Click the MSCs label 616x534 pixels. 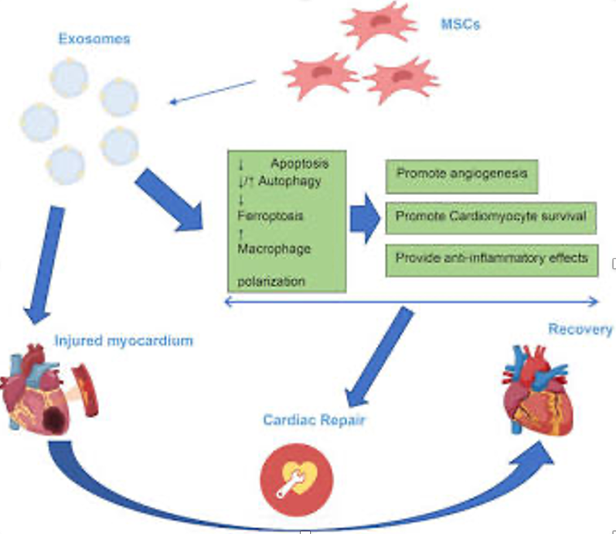click(x=461, y=25)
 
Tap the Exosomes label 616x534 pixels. click(x=94, y=39)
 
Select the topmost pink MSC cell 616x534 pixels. click(x=378, y=23)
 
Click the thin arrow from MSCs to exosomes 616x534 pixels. click(x=212, y=92)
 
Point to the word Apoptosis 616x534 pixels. click(x=300, y=163)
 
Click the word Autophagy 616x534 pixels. click(x=290, y=181)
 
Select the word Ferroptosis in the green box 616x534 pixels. click(x=271, y=216)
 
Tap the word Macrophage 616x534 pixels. click(x=274, y=248)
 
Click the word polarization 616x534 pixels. click(x=271, y=282)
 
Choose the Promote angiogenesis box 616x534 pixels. click(x=461, y=176)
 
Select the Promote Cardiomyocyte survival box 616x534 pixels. click(x=491, y=218)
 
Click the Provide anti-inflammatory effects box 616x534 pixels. click(x=492, y=260)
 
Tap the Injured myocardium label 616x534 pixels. click(x=124, y=341)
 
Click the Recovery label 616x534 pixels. click(x=580, y=329)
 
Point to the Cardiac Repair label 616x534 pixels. click(x=315, y=420)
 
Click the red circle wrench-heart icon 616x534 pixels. click(x=297, y=480)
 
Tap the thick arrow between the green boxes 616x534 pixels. click(x=365, y=218)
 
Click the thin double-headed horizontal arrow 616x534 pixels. click(x=411, y=303)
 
